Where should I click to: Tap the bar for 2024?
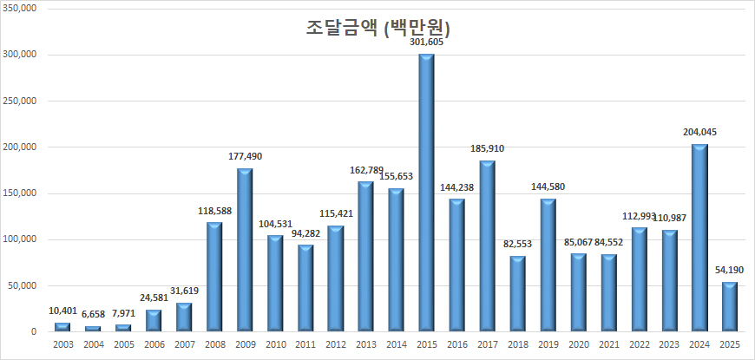pyautogui.click(x=699, y=238)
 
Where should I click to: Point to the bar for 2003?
pyautogui.click(x=62, y=327)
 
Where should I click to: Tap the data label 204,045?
pyautogui.click(x=699, y=132)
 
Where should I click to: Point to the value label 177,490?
pyautogui.click(x=245, y=156)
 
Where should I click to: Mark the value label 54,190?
pyautogui.click(x=730, y=271)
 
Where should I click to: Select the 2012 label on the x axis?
pyautogui.click(x=335, y=346)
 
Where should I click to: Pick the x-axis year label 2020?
pyautogui.click(x=578, y=346)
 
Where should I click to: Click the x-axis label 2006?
pyautogui.click(x=154, y=346)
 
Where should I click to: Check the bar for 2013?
pyautogui.click(x=365, y=257)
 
